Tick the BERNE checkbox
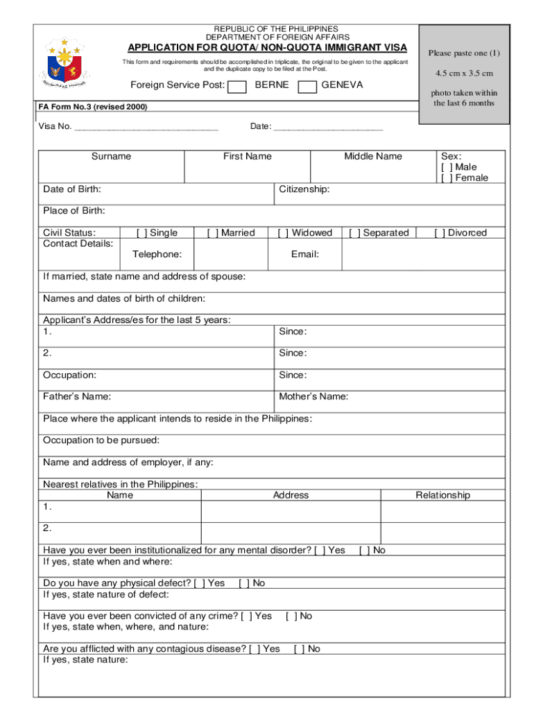(x=237, y=86)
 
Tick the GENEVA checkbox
(x=307, y=86)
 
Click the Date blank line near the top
(x=328, y=128)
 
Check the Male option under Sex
(x=445, y=167)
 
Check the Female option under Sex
(x=445, y=178)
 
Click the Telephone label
(x=157, y=254)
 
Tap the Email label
(x=305, y=254)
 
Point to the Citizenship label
(x=304, y=189)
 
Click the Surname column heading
(x=111, y=157)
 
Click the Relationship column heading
(x=442, y=495)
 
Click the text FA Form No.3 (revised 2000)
(x=93, y=107)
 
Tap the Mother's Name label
(x=313, y=397)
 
